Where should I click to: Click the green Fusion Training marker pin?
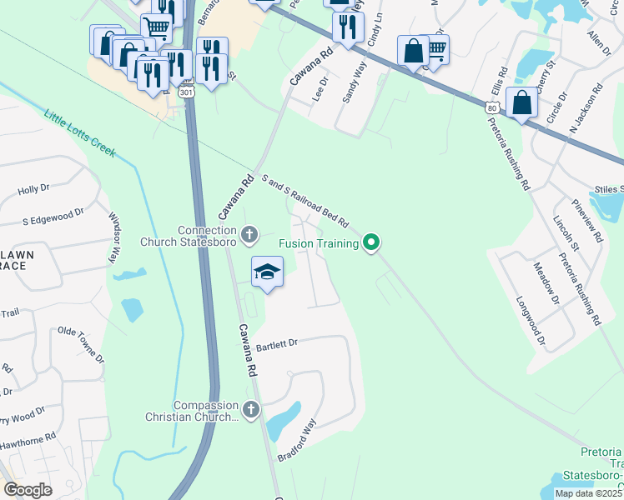[372, 243]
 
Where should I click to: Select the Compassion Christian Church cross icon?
[251, 409]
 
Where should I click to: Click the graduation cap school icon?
[268, 272]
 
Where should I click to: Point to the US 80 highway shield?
[491, 107]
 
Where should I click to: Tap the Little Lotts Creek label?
[80, 133]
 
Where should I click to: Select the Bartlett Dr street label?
[277, 343]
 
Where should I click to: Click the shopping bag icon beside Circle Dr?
[521, 104]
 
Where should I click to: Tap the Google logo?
[28, 490]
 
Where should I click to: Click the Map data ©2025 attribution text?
[587, 493]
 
